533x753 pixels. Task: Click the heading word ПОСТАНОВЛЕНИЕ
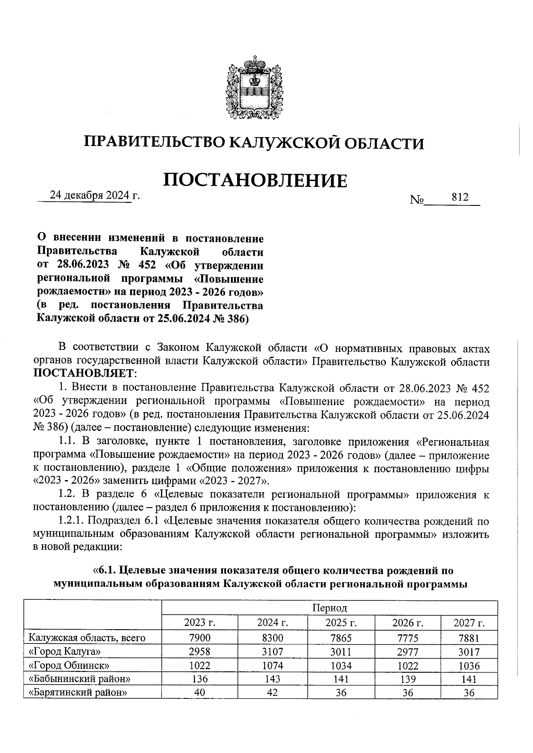click(x=255, y=181)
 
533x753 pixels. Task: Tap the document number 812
click(x=460, y=197)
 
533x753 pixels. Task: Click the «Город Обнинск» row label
click(x=69, y=665)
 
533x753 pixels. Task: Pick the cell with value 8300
click(x=273, y=638)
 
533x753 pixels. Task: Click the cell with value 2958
click(x=199, y=652)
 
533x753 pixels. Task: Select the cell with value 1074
click(x=273, y=665)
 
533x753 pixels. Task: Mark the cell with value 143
click(x=273, y=679)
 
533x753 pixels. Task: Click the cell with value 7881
click(x=469, y=638)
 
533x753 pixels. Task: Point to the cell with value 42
click(x=273, y=693)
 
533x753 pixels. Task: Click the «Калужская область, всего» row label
click(x=87, y=638)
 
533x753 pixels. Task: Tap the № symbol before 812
click(x=417, y=200)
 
